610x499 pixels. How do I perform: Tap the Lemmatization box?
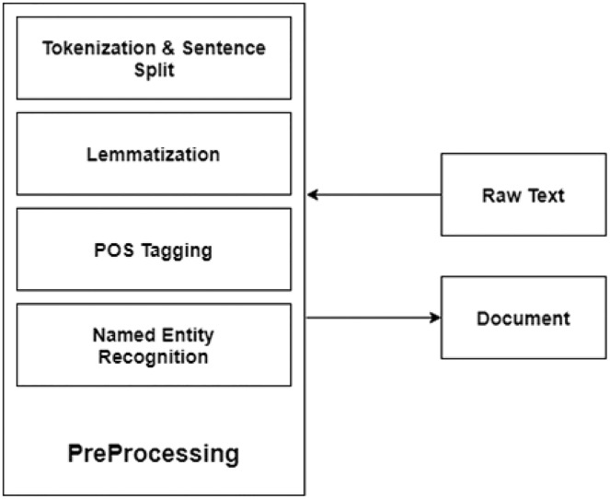point(154,154)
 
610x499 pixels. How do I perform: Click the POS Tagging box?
point(154,249)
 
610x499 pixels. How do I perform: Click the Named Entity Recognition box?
point(154,345)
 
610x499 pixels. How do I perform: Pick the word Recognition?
point(154,355)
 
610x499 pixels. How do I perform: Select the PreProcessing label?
point(154,453)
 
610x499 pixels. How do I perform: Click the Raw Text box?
point(523,194)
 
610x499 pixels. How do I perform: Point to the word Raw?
point(499,194)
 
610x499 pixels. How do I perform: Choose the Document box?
point(523,319)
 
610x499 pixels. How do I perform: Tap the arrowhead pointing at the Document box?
point(434,319)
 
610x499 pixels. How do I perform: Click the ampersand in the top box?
point(153,48)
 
